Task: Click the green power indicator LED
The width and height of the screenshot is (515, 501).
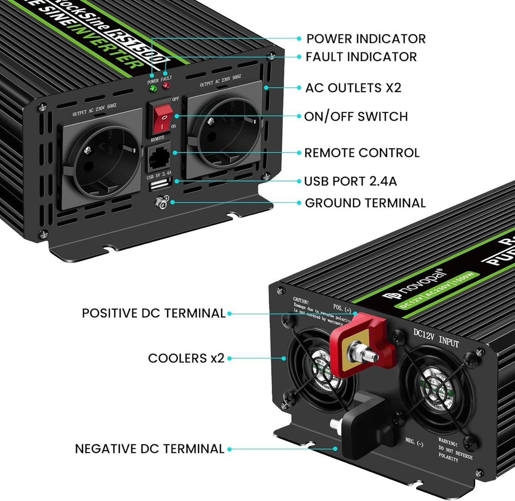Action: (x=153, y=88)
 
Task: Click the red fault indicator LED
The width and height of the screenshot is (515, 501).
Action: (x=166, y=85)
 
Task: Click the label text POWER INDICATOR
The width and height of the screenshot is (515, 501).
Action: (x=366, y=39)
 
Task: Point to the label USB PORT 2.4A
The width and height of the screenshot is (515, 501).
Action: (x=350, y=181)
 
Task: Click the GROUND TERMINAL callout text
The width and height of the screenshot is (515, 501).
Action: (x=365, y=203)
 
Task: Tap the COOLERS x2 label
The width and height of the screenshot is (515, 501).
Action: (x=186, y=358)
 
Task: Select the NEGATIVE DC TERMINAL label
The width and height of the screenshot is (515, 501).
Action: (x=149, y=449)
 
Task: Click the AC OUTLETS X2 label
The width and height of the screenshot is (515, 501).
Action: (x=353, y=88)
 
